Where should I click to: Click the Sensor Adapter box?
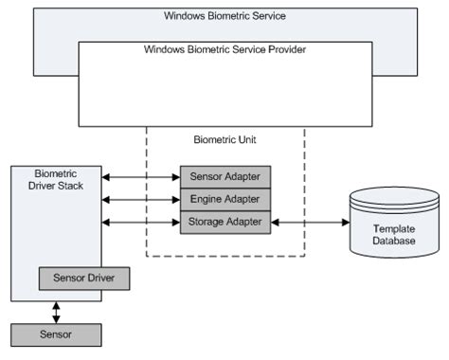[225, 176]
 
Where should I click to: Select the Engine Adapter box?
[225, 199]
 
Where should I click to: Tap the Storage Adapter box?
[225, 222]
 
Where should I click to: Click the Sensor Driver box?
[83, 279]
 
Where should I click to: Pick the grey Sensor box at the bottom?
[55, 334]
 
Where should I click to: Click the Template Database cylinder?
[394, 225]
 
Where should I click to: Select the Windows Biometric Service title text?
[225, 16]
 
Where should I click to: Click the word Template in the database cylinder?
[394, 228]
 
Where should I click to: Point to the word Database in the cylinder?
[394, 242]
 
